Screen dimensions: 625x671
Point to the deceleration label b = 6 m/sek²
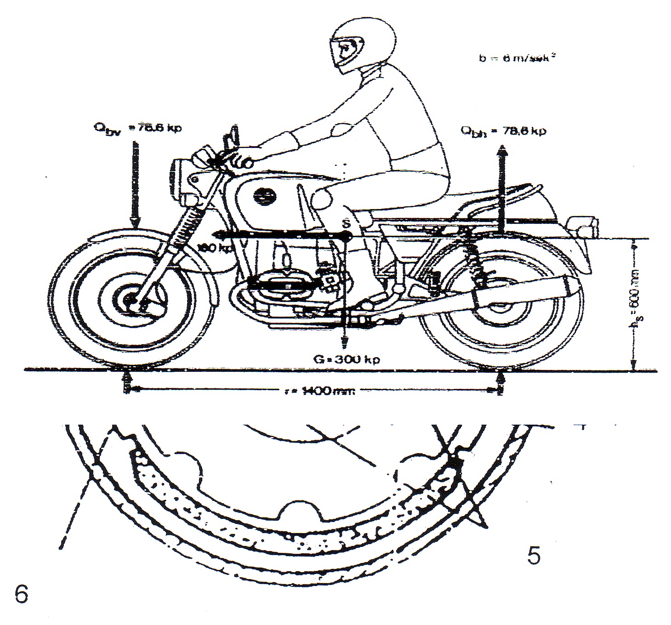coord(514,58)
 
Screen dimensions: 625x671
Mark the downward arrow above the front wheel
coord(134,184)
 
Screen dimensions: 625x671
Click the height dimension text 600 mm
coord(636,303)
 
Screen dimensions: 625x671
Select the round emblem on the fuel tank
coord(262,195)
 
